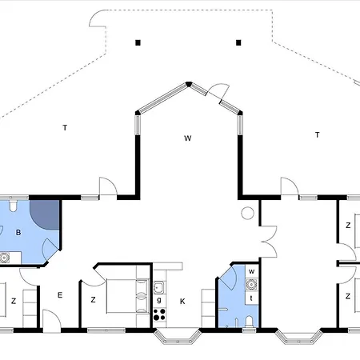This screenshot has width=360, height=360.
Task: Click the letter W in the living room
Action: click(188, 138)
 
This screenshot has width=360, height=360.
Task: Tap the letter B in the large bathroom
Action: click(18, 233)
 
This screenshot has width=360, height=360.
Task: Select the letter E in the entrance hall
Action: click(60, 295)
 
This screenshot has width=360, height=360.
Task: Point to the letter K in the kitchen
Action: click(182, 302)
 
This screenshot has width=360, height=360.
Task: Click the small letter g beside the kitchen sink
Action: click(159, 300)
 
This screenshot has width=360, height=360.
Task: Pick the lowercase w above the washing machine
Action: click(251, 271)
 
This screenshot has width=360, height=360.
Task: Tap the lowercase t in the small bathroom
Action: click(251, 298)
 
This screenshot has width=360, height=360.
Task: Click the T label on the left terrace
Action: click(65, 128)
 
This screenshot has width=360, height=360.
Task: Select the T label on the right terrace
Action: click(318, 135)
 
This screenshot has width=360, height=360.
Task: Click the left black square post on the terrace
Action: click(138, 42)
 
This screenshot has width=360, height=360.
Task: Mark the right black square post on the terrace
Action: click(238, 42)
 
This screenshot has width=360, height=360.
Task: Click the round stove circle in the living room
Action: click(247, 213)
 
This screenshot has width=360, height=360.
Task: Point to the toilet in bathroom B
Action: click(13, 206)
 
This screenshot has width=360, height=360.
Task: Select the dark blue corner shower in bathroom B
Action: click(45, 214)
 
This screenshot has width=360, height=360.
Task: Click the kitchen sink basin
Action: click(158, 287)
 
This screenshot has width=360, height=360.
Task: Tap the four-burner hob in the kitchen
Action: click(159, 314)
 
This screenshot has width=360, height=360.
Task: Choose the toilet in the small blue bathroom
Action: click(249, 322)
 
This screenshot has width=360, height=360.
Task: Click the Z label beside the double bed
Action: click(93, 300)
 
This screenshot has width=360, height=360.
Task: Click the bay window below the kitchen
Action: click(177, 336)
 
